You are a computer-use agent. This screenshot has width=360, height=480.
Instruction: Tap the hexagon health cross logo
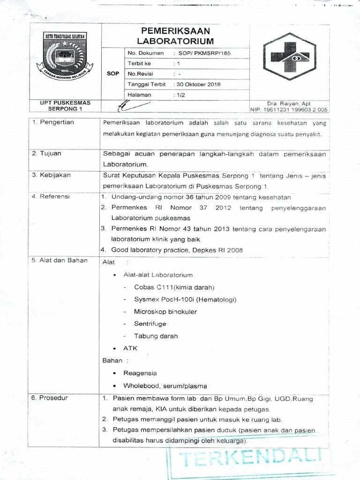[286, 57]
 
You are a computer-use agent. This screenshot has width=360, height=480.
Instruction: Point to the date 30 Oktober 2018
[194, 84]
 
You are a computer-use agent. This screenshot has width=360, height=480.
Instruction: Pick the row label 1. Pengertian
[53, 122]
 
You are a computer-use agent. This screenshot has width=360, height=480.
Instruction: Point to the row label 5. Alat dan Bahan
[60, 260]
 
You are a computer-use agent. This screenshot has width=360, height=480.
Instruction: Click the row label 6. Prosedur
[50, 398]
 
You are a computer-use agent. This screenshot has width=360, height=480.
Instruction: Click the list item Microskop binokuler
[165, 312]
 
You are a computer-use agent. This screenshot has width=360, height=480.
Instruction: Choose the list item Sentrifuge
[150, 324]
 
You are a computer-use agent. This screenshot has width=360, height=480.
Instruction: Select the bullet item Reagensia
[140, 373]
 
